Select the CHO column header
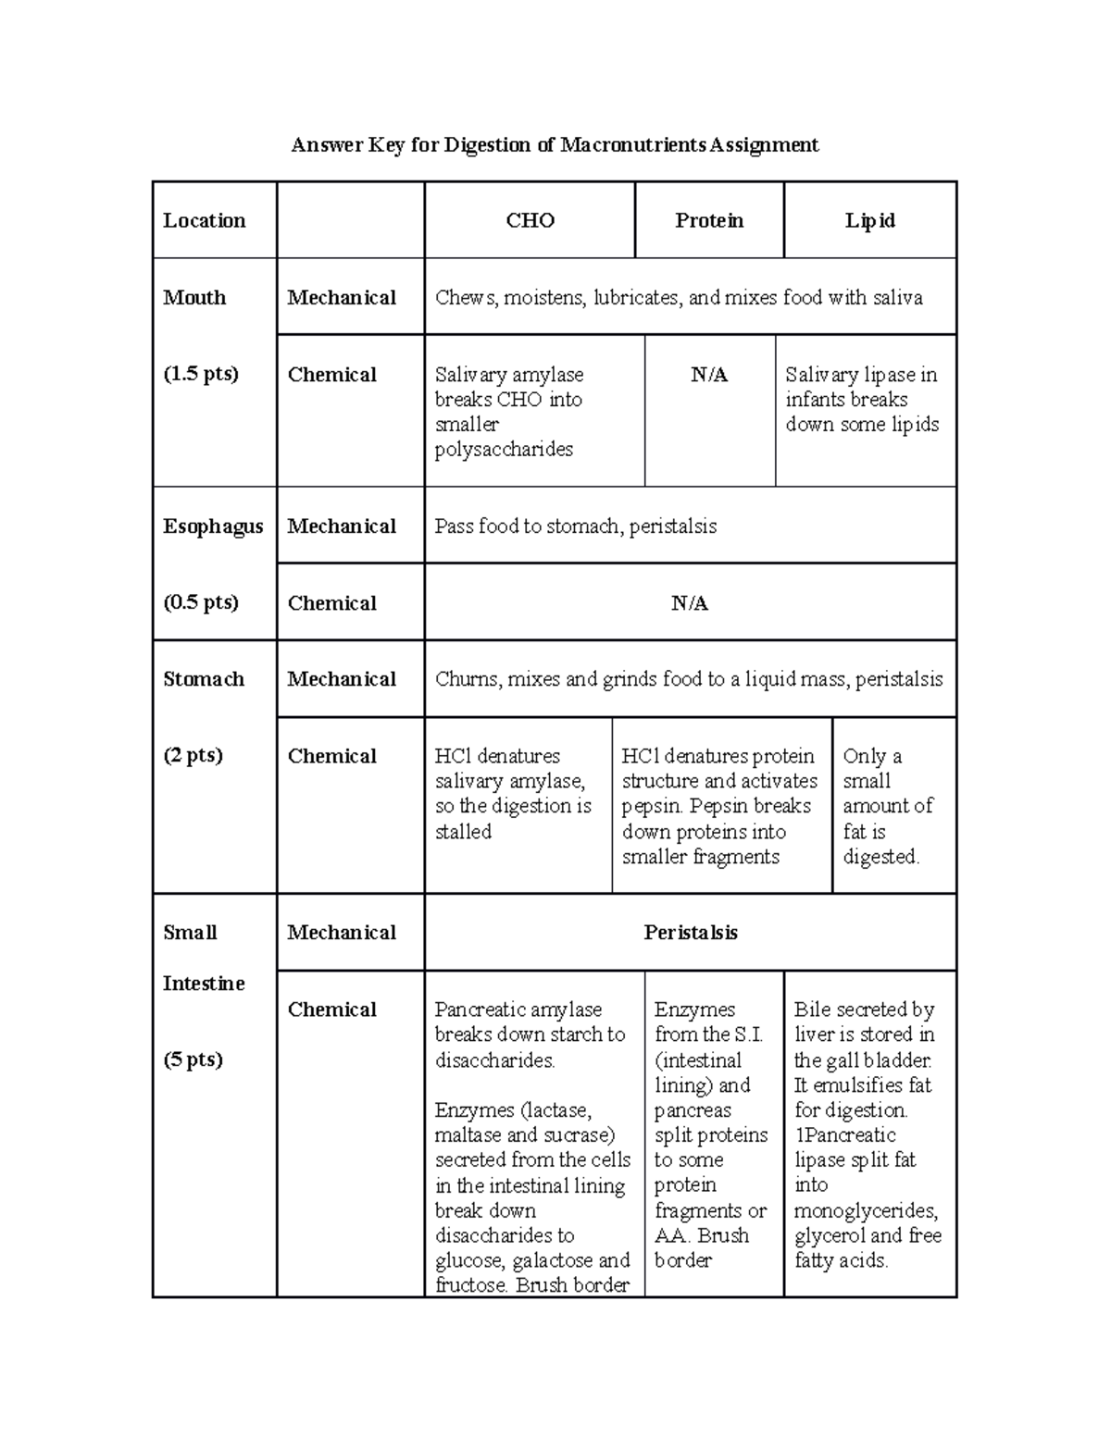(530, 220)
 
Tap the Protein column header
(709, 220)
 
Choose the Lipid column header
(869, 220)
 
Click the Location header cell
(205, 220)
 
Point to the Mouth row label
(194, 297)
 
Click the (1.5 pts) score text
(201, 374)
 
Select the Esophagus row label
(213, 526)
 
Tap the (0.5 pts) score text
(201, 602)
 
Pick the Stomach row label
(204, 679)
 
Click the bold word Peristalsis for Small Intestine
(691, 933)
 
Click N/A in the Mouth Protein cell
(709, 375)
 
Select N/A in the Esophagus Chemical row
(690, 603)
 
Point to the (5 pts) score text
(193, 1059)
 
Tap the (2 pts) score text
(193, 755)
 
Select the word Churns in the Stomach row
(467, 679)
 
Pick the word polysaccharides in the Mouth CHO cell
(504, 450)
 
